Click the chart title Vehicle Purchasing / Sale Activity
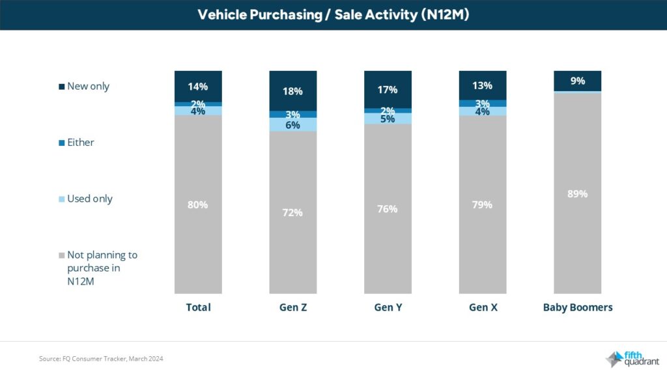click(333, 15)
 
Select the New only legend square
click(61, 87)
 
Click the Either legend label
click(81, 143)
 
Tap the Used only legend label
click(90, 199)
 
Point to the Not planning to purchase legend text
click(102, 267)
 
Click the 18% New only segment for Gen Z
click(293, 90)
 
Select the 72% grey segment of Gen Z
click(293, 212)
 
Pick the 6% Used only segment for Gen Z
click(293, 125)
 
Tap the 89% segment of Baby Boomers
click(577, 193)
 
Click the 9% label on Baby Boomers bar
click(577, 81)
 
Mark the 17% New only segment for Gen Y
click(388, 89)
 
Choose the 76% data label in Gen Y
click(388, 209)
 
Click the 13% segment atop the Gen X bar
click(483, 85)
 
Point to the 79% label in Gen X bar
click(483, 204)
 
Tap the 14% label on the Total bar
click(198, 86)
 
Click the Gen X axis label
click(483, 307)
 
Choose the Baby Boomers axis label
click(577, 307)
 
